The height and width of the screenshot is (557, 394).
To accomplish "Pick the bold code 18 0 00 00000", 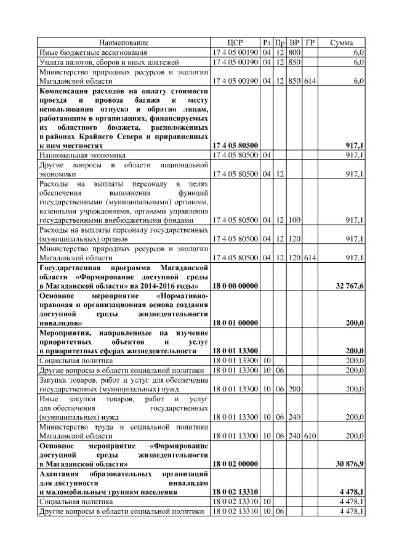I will [x=235, y=286].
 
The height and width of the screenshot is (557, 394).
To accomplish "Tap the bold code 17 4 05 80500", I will [x=235, y=146].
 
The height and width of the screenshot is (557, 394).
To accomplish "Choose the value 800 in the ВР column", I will [x=294, y=52].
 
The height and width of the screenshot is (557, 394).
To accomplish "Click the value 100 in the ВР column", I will [x=294, y=220].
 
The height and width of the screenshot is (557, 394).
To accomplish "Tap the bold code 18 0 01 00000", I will [x=235, y=322].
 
